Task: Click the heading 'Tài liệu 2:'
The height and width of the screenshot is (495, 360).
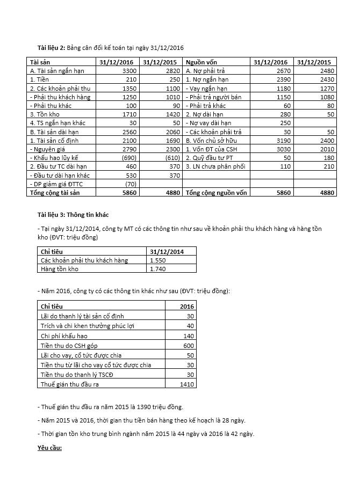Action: pos(51,48)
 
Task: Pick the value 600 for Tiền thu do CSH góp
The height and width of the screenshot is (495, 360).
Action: pos(189,345)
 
